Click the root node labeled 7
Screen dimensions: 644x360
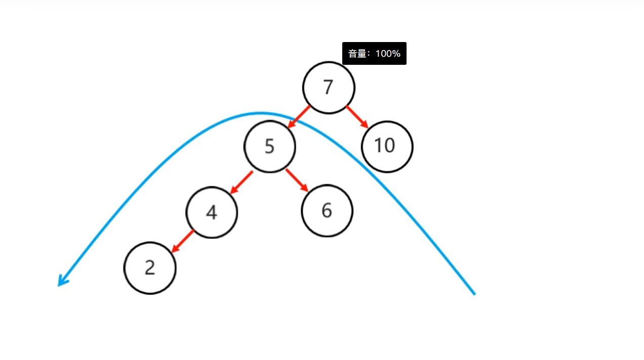pos(329,88)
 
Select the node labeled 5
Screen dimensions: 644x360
pos(269,146)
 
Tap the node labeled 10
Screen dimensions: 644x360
pos(387,146)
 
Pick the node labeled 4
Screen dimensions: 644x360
pos(212,212)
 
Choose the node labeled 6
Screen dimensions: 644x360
pos(327,211)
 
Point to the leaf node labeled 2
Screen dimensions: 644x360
pos(150,268)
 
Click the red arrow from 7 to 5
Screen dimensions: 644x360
pos(299,116)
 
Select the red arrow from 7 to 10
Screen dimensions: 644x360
pos(357,117)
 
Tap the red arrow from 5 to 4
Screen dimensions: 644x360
pos(241,182)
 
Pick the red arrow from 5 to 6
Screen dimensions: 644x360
pos(297,180)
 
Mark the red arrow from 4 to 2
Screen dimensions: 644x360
pos(183,241)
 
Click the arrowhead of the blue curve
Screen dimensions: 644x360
pos(61,283)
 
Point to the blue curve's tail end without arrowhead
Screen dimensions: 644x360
pos(474,293)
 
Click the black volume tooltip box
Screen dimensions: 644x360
pos(374,53)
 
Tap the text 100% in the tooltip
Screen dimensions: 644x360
pos(388,54)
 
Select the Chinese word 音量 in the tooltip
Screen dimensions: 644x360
pos(357,54)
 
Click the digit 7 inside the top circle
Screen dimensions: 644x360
pos(329,88)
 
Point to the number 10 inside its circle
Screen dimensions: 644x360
pos(384,146)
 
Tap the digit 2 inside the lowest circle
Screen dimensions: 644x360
pos(149,268)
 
